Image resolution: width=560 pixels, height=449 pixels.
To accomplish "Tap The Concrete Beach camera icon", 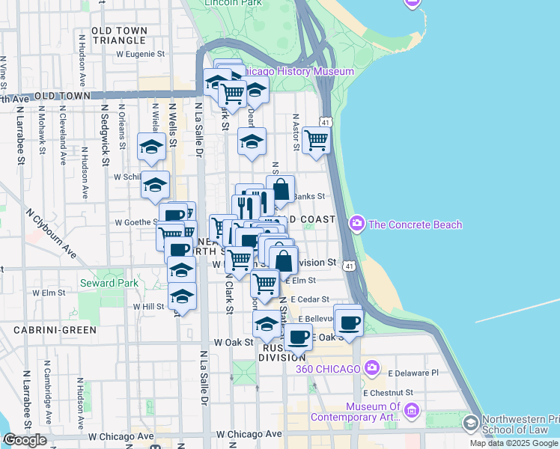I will click(x=357, y=224).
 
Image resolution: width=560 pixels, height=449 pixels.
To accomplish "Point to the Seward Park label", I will click(x=109, y=283).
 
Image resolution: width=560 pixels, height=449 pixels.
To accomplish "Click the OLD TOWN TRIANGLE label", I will click(x=118, y=35).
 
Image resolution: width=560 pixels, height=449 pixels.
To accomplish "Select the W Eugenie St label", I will click(x=140, y=54).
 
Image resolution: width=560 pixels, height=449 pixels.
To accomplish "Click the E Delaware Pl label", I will click(x=413, y=372).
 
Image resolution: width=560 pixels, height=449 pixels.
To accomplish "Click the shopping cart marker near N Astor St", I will click(x=317, y=139).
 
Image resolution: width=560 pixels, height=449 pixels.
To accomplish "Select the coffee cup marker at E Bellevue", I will click(x=348, y=322).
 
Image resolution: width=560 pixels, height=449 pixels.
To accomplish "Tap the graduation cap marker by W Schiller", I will click(x=156, y=184).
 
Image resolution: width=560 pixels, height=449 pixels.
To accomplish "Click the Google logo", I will click(x=25, y=440).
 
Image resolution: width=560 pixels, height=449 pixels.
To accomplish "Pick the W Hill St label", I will click(x=148, y=306).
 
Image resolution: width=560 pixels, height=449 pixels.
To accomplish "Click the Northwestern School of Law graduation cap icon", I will click(x=471, y=424).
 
